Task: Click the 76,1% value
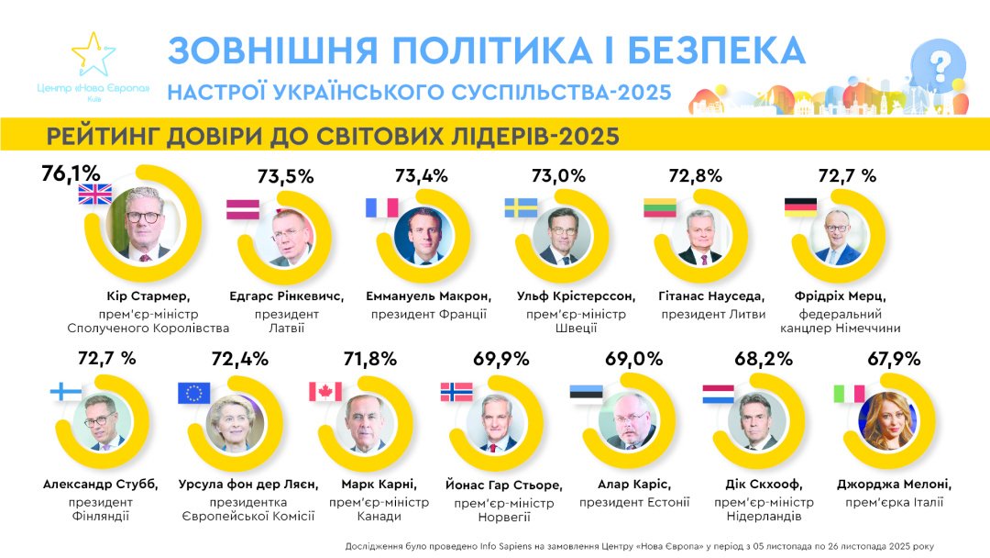pyautogui.click(x=71, y=173)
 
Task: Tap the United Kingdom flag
pyautogui.click(x=94, y=194)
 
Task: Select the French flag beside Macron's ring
pyautogui.click(x=382, y=207)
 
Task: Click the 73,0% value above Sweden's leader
pyautogui.click(x=559, y=175)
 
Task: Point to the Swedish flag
pyautogui.click(x=521, y=207)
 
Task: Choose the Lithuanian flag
pyautogui.click(x=659, y=207)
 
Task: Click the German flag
pyautogui.click(x=799, y=207)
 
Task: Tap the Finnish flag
pyautogui.click(x=65, y=392)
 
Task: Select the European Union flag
pyautogui.click(x=193, y=393)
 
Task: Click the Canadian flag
pyautogui.click(x=324, y=392)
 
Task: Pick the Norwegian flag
pyautogui.click(x=456, y=392)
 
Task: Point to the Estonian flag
pyautogui.click(x=586, y=393)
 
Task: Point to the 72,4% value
pyautogui.click(x=240, y=359)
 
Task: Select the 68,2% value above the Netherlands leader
pyautogui.click(x=764, y=359)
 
